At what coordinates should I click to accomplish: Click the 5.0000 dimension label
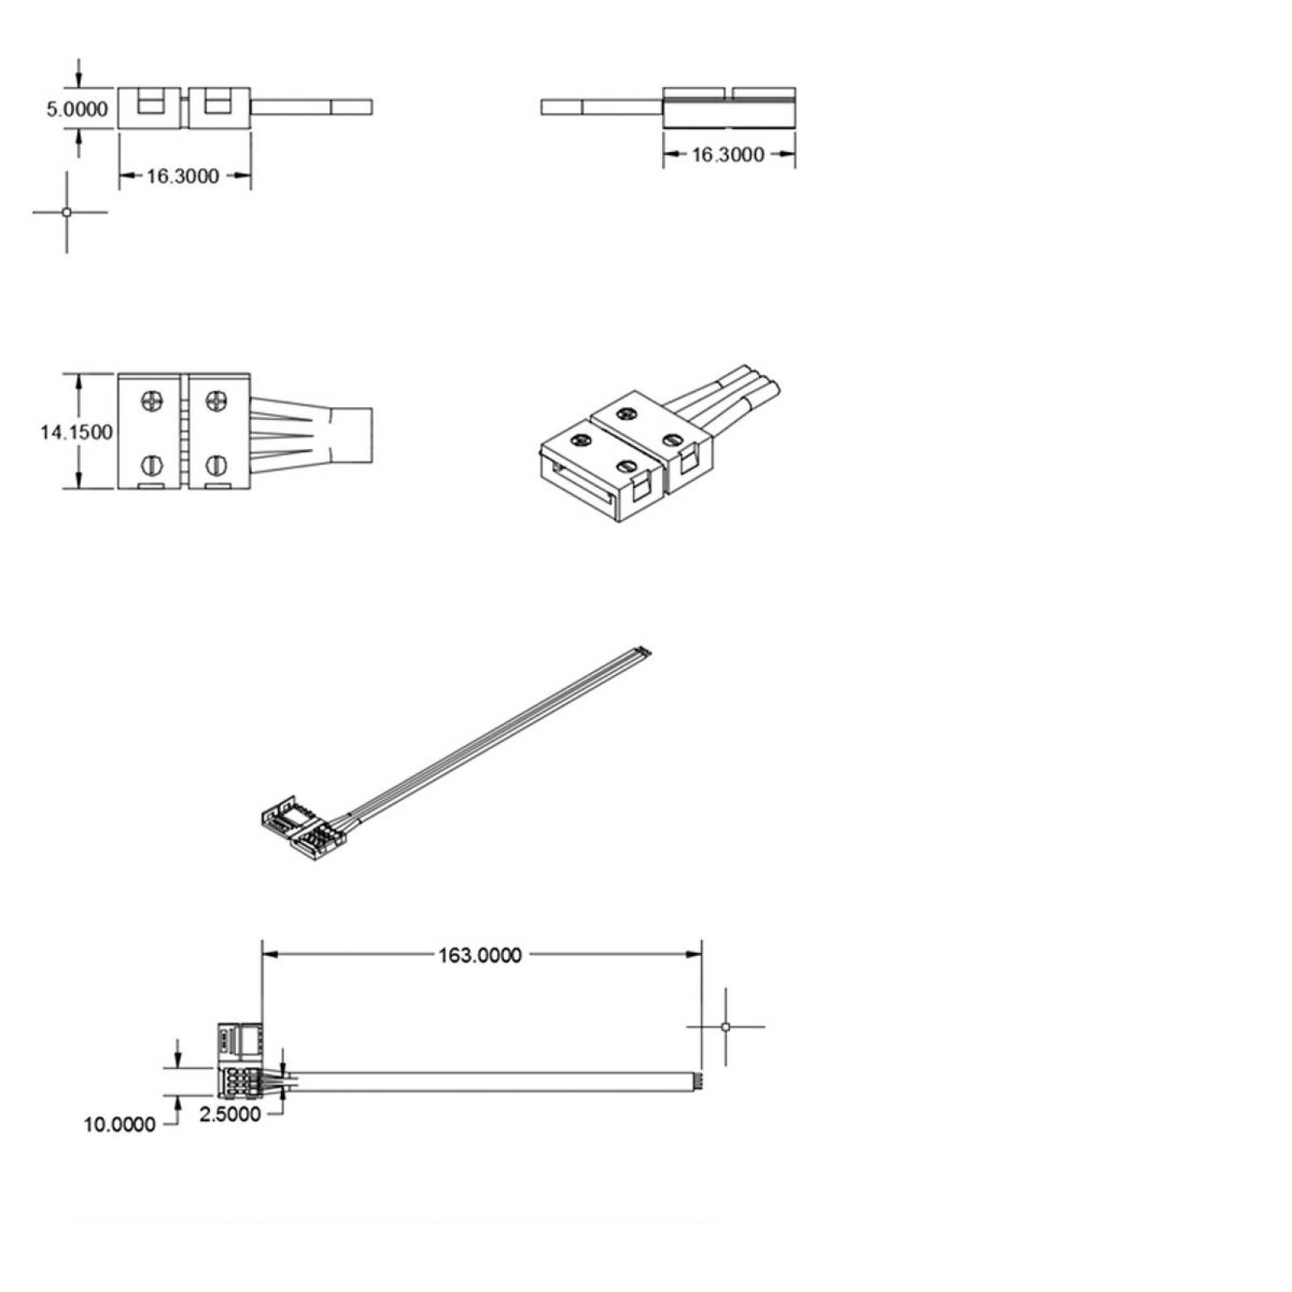pos(77,108)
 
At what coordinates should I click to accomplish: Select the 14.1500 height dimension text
pos(77,433)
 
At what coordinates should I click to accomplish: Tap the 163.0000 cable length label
pos(480,955)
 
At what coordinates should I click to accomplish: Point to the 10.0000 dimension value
pos(120,1124)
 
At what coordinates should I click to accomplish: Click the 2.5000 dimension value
pos(230,1114)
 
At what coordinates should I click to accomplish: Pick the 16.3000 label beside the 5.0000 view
pos(182,176)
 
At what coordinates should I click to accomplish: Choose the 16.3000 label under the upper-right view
pos(728,154)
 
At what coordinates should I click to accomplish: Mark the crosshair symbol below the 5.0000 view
pos(67,212)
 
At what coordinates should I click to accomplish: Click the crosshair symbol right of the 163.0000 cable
pos(725,1027)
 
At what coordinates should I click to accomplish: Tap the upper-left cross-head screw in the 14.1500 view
pos(153,400)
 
